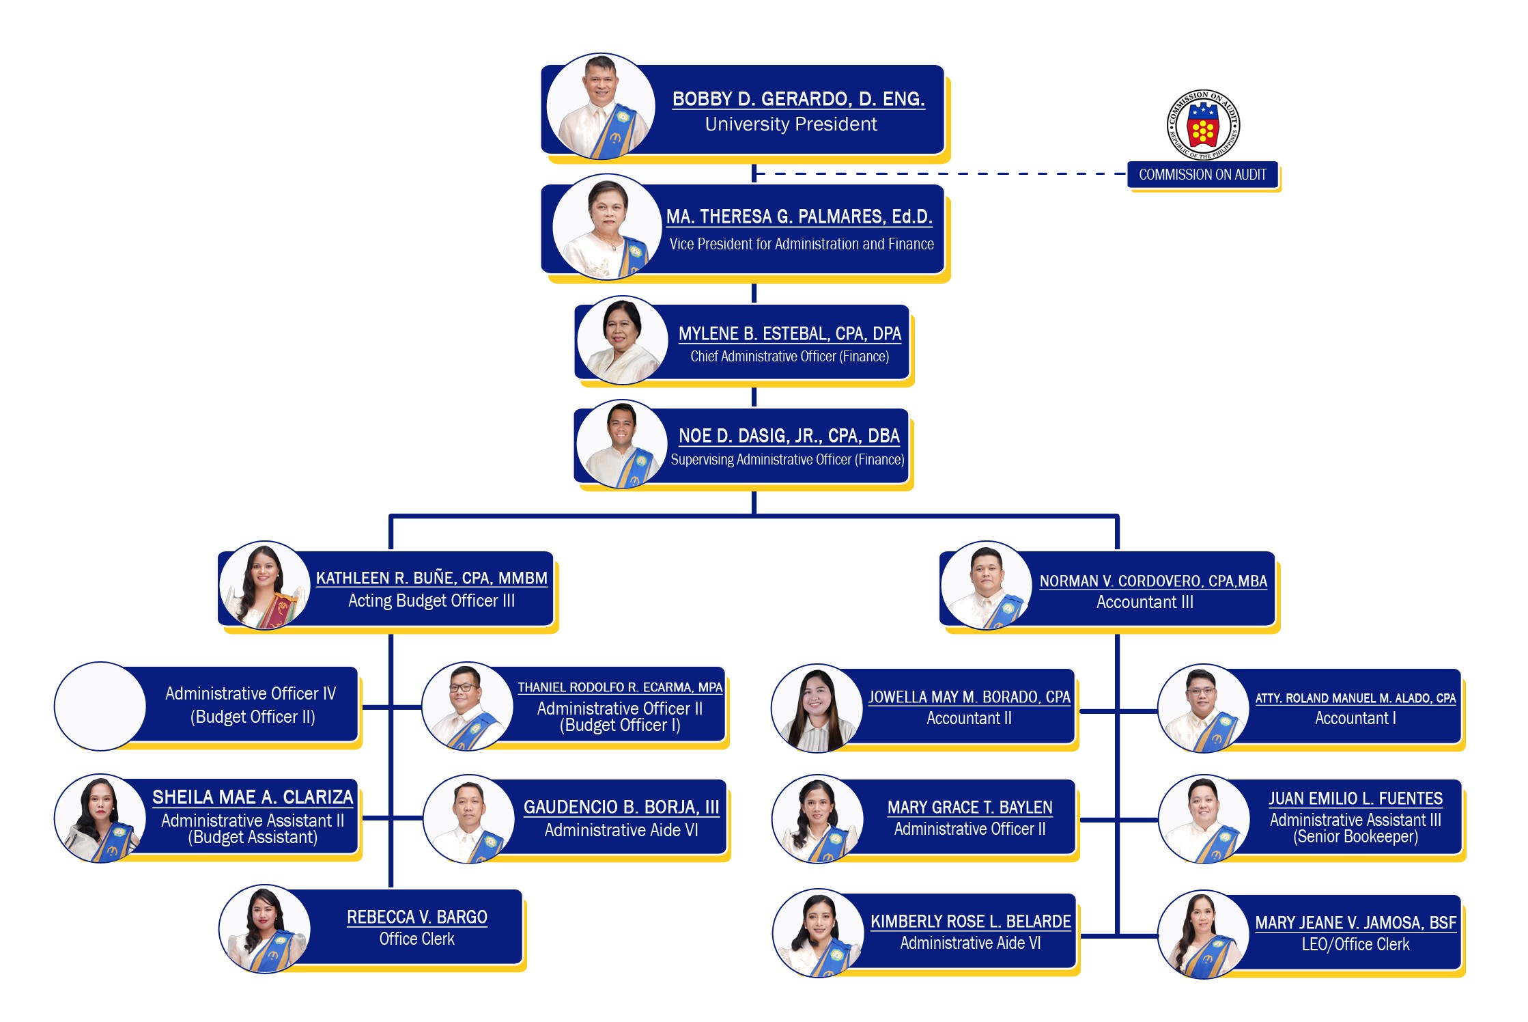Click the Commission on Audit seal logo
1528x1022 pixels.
[1203, 126]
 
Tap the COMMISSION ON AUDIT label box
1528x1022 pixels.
[1202, 175]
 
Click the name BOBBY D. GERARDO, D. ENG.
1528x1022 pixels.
[798, 99]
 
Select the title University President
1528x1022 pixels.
[791, 124]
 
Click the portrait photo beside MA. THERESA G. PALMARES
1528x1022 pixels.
[606, 227]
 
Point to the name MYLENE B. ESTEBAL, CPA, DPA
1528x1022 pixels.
[789, 333]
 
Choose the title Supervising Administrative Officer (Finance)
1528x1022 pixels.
[787, 460]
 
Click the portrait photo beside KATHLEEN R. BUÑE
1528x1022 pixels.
[265, 585]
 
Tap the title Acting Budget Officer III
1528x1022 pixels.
[431, 600]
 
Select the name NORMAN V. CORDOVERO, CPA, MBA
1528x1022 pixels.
[1152, 581]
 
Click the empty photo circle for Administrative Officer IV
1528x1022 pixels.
[100, 706]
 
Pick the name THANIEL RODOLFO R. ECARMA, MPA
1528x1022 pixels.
[619, 687]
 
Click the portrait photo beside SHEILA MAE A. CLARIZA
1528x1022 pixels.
[100, 818]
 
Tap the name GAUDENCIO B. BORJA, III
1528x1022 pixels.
[621, 807]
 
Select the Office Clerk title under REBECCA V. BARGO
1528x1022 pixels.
[416, 939]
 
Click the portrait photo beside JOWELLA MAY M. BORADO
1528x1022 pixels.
[817, 708]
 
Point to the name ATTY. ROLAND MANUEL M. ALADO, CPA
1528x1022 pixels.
[1355, 698]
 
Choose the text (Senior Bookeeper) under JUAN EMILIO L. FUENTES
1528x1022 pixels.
[1355, 837]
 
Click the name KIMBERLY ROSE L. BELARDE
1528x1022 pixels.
[970, 922]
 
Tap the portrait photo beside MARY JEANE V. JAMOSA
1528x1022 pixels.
[1203, 935]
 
